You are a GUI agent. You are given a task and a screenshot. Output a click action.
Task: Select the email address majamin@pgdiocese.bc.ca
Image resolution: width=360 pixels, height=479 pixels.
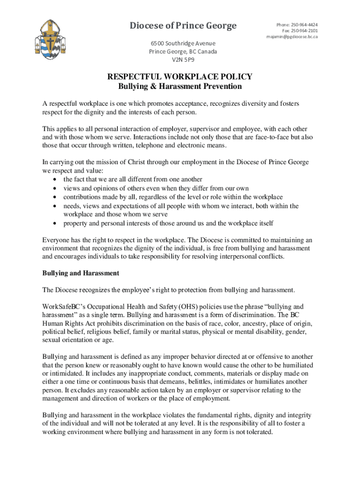tap(292, 36)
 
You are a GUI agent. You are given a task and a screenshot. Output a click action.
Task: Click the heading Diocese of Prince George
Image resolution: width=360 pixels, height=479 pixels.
tap(183, 26)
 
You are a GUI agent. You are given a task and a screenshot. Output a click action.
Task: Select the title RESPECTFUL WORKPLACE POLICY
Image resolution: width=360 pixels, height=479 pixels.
tap(180, 77)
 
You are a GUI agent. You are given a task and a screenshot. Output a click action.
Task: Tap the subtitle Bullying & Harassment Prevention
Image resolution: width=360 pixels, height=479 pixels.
tap(180, 87)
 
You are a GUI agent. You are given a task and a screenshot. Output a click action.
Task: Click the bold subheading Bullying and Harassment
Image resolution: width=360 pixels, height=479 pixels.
tap(81, 273)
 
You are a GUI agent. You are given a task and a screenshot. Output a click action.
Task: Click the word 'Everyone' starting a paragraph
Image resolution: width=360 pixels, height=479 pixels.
tap(57, 240)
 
